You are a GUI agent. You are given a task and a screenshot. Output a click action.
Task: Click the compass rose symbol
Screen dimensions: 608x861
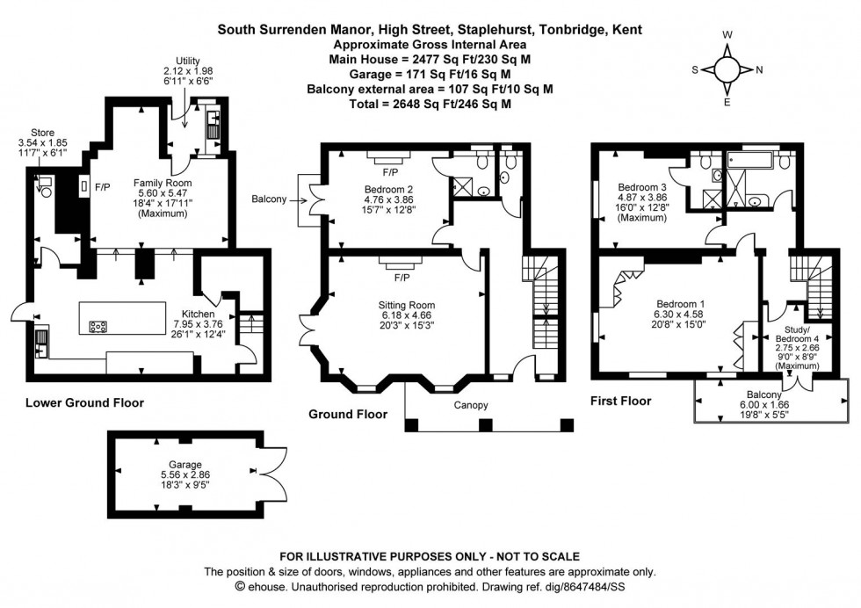point(727,69)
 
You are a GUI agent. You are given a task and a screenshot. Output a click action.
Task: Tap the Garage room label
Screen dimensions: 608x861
point(185,464)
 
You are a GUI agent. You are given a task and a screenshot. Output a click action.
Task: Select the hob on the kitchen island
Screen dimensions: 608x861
point(98,327)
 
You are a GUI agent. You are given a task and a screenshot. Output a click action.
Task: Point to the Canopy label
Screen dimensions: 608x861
point(470,405)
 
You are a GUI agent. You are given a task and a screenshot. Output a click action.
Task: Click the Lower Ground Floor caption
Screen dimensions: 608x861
point(84,403)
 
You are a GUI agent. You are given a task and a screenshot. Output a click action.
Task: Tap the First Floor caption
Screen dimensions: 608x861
point(622,401)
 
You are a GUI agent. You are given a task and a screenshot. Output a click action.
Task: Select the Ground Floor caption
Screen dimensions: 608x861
point(348,413)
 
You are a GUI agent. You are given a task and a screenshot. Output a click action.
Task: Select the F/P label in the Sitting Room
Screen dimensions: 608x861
point(402,278)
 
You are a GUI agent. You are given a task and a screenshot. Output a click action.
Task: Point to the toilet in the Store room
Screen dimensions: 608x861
point(45,185)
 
